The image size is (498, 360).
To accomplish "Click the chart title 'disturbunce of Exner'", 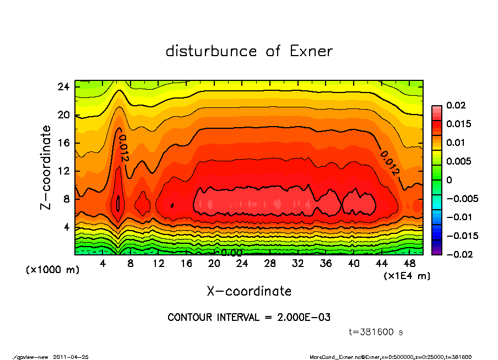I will (249, 51).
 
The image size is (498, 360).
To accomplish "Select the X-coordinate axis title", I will (249, 291).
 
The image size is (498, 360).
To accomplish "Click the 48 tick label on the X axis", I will (410, 264).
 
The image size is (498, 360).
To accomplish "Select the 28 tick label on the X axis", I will (270, 264).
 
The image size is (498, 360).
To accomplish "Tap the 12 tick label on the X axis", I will (158, 264).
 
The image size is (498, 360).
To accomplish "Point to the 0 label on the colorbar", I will (449, 180).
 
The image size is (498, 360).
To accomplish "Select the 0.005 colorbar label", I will (458, 161).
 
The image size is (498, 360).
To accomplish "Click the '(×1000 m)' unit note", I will (48, 270).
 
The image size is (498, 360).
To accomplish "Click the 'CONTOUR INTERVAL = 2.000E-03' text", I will (249, 318).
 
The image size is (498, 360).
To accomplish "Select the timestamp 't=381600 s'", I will (376, 332).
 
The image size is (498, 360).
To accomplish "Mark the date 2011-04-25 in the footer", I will (71, 357).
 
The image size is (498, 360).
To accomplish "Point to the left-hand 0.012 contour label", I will (123, 149).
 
